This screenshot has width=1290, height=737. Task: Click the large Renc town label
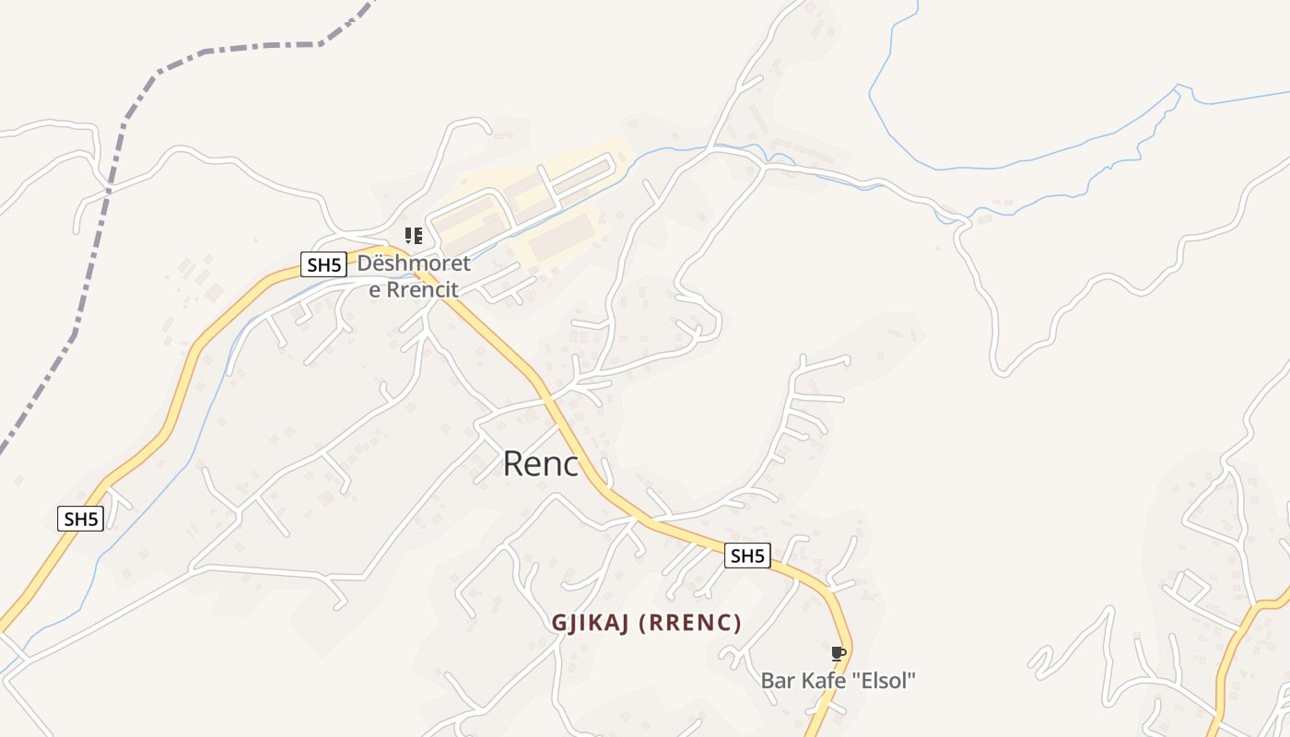(541, 464)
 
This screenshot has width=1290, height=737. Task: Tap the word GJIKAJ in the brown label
(590, 624)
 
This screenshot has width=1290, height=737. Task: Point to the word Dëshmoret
(414, 264)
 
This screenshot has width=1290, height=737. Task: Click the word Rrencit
(421, 289)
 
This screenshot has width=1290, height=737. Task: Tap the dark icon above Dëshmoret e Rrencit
(414, 236)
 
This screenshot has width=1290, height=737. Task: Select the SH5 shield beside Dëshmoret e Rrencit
(324, 265)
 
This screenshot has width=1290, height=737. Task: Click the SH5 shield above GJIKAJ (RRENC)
(746, 556)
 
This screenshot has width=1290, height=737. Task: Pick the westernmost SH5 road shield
(81, 519)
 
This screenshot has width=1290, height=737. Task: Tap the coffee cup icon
(838, 654)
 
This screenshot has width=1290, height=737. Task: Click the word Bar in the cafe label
(777, 682)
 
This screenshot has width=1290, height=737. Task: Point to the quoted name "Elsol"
(885, 682)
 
